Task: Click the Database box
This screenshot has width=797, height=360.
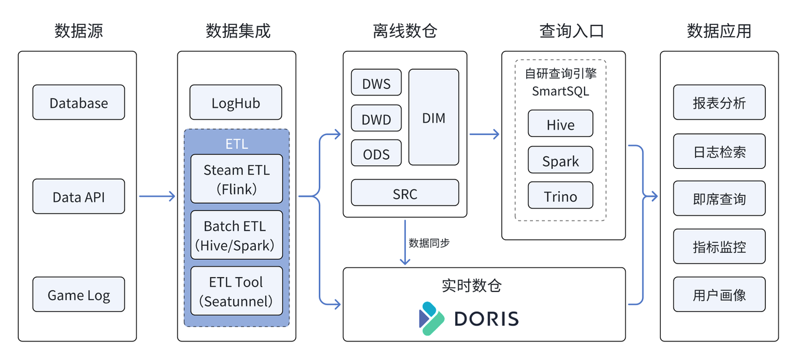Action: [x=78, y=103]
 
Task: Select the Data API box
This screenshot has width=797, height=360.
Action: [x=78, y=197]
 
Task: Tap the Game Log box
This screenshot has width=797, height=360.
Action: [x=78, y=295]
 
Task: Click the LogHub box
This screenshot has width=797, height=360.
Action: [x=235, y=103]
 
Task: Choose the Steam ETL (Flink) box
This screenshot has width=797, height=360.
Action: [x=237, y=179]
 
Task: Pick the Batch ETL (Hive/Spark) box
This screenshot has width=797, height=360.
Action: [x=237, y=235]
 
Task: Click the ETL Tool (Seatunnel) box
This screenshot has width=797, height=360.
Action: [x=237, y=291]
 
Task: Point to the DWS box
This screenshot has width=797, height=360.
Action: [x=376, y=83]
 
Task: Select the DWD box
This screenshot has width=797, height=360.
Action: [x=376, y=118]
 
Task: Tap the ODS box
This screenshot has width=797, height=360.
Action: [x=376, y=153]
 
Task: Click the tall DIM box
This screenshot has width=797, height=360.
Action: [x=433, y=117]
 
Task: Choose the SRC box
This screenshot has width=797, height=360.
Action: [x=405, y=193]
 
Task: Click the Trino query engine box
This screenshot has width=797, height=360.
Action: [x=560, y=196]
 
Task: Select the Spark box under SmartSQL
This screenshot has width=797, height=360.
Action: [x=560, y=161]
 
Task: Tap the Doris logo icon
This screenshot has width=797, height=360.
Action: [x=432, y=318]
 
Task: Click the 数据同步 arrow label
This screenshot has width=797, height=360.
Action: [x=429, y=243]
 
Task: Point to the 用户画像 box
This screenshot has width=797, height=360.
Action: [x=719, y=295]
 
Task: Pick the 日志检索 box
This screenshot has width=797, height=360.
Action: [x=719, y=151]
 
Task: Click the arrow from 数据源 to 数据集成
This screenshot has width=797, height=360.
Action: [x=157, y=197]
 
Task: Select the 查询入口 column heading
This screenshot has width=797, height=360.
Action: [x=572, y=31]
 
